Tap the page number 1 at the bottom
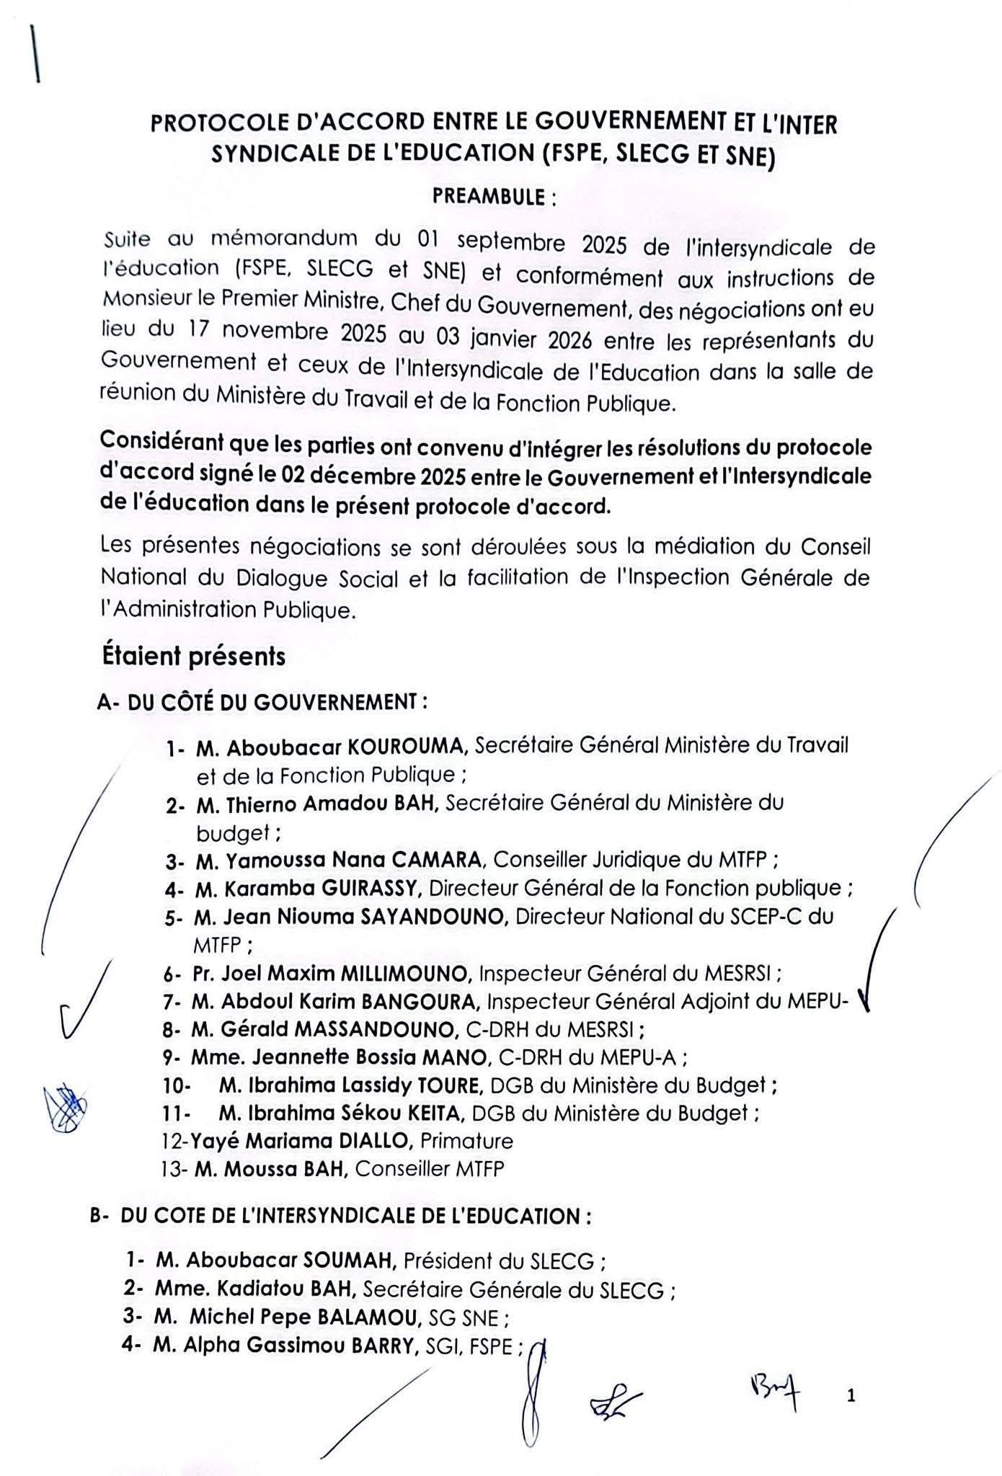[x=851, y=1397]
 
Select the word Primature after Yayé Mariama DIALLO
[x=466, y=1141]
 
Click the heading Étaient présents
[x=193, y=657]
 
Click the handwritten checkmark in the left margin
[x=79, y=1009]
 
